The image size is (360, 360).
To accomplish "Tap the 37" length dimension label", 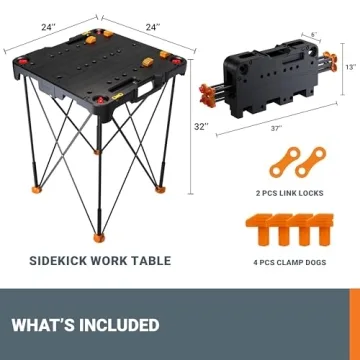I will coord(276,129).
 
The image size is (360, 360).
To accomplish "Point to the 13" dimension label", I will coord(349,67).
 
